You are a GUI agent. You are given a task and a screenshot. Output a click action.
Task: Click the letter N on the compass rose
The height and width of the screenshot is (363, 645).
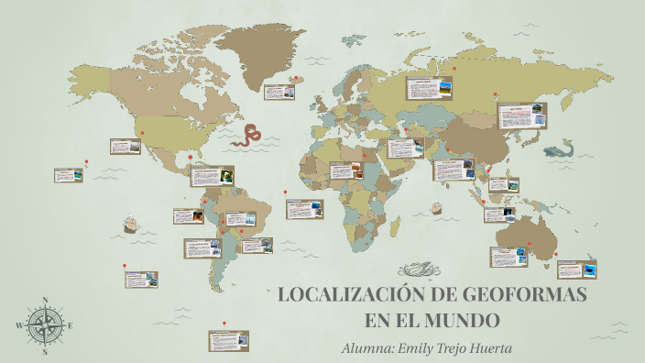45,301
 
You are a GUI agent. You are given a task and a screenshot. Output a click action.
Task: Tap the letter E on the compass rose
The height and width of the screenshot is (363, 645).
71,325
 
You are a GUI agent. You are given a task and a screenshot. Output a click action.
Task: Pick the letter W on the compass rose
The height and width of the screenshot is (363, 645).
19,325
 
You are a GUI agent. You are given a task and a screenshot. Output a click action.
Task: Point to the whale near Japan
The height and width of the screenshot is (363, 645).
558,148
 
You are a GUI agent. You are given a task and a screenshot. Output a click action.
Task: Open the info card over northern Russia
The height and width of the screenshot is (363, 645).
432,89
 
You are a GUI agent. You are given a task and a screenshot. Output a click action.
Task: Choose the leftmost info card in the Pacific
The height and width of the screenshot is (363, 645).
69,175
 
